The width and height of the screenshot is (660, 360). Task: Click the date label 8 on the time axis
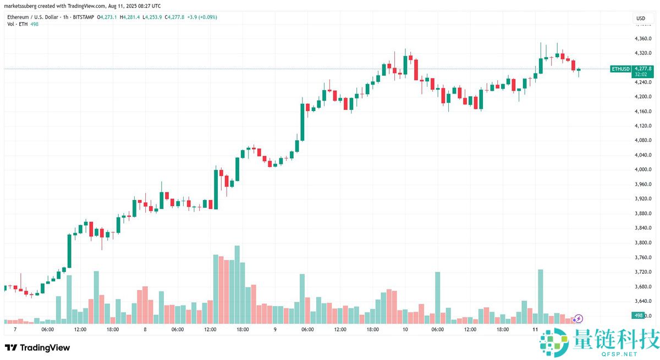[145, 329]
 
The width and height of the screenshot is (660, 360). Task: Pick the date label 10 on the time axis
[405, 329]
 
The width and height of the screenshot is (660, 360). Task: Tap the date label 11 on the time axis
[535, 329]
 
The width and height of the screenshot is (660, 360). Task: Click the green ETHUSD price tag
[620, 69]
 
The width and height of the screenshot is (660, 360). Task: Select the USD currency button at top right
[641, 19]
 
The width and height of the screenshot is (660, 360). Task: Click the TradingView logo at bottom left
[37, 347]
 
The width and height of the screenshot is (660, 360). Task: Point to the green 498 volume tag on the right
[639, 315]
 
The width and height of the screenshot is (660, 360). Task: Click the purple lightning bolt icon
[579, 318]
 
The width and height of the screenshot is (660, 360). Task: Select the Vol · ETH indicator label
[18, 24]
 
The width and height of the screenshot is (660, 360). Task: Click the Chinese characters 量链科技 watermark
[617, 340]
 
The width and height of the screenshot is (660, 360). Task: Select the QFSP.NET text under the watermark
[617, 354]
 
